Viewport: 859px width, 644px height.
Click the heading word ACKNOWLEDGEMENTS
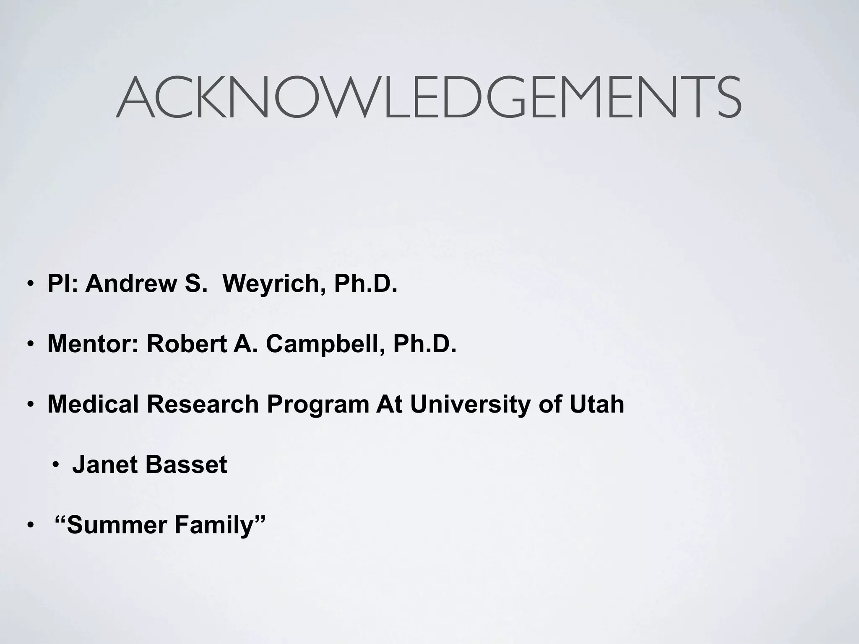point(429,98)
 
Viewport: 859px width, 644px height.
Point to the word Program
point(318,405)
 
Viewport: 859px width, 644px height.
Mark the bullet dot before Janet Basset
point(56,465)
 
